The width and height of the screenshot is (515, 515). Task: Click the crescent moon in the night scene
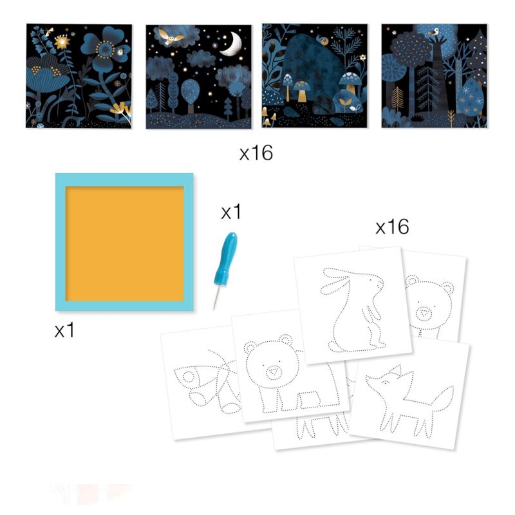point(232,44)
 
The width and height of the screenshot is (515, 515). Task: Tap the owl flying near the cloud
point(171,37)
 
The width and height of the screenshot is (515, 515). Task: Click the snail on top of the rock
point(323,40)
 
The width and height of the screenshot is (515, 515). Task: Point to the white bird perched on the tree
point(434,32)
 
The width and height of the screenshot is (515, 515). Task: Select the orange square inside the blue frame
point(124,243)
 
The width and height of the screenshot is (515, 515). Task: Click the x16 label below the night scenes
point(256,153)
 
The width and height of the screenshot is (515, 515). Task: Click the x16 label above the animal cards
point(392,227)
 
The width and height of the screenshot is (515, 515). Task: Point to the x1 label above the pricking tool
point(231,212)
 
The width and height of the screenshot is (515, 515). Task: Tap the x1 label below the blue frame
point(64,330)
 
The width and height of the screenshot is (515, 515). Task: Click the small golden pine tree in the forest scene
point(398,99)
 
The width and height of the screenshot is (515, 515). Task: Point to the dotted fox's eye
point(386,382)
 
